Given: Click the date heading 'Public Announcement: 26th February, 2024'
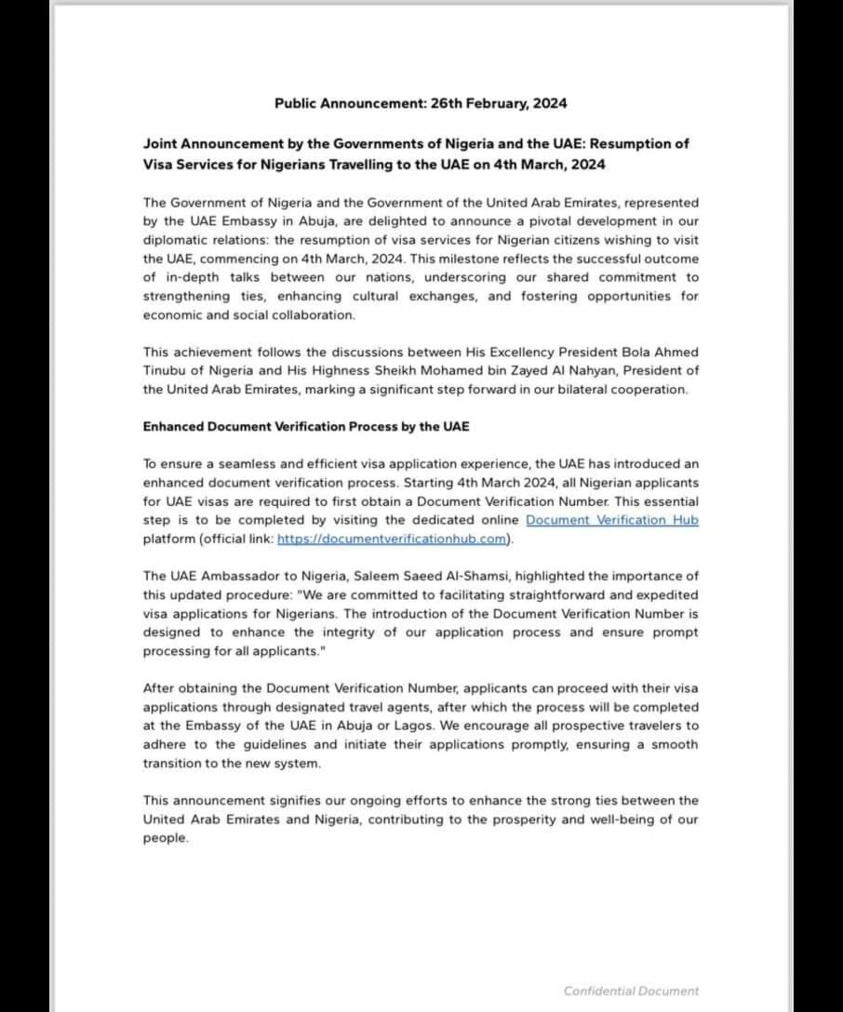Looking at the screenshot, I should coord(421,103).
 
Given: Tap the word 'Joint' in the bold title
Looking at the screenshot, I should coord(160,145).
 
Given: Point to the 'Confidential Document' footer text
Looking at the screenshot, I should coord(631,991).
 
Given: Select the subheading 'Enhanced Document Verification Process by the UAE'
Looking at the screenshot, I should coord(306,426).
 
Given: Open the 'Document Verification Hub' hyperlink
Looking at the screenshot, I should coord(611,520).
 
